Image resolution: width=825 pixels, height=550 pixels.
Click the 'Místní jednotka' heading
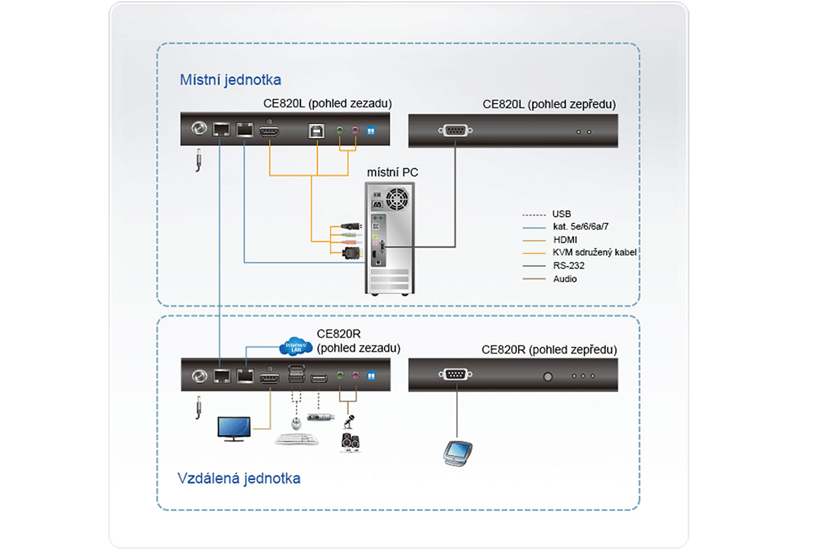coord(230,80)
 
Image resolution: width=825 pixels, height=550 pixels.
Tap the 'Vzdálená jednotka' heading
coord(239,478)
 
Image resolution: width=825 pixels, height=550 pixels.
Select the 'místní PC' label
coord(392,172)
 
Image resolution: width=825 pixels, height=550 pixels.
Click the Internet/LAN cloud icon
coord(296,347)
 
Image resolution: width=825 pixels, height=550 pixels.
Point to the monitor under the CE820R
coord(234,429)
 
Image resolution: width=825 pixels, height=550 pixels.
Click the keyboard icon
coord(297,439)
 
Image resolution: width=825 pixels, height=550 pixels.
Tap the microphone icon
coord(349,421)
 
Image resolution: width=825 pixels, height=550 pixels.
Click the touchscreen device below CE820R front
coord(457,453)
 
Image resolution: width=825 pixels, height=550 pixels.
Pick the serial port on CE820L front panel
coord(455,130)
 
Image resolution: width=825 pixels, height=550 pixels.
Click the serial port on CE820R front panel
coord(456,374)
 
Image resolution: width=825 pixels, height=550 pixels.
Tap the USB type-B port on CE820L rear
coord(316,130)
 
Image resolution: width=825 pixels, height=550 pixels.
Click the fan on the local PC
coord(397,199)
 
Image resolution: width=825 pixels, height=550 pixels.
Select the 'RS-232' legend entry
coord(569,266)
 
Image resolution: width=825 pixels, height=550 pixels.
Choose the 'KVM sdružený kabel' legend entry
coord(594,252)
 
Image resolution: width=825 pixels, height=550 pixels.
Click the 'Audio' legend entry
coord(565,279)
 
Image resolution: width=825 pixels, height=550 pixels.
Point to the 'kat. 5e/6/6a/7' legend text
coord(580,226)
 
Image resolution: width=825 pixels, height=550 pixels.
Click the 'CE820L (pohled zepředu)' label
coord(549,104)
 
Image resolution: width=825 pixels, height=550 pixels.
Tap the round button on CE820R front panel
coord(548,376)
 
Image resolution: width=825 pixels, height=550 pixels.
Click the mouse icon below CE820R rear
coord(296,423)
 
